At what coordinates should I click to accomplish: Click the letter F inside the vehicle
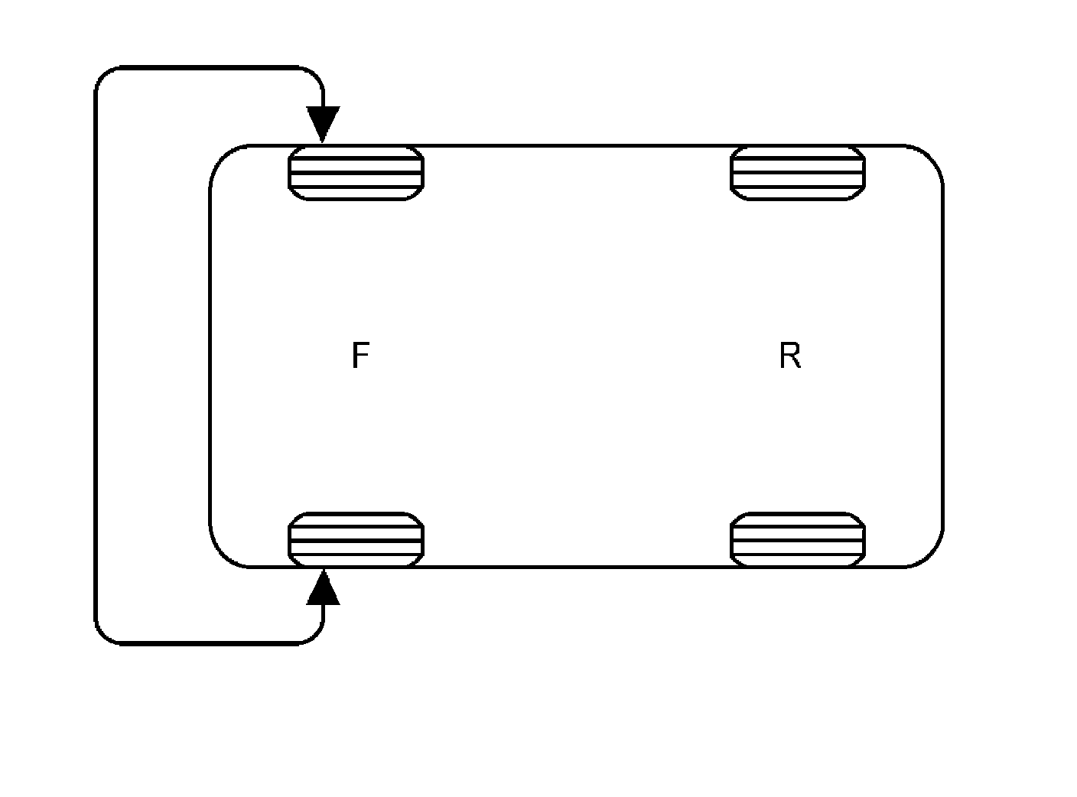360,356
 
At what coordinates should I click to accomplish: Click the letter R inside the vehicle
789,356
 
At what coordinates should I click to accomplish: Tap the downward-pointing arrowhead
323,123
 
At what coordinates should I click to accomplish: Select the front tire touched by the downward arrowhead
356,173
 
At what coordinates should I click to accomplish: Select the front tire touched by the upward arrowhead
356,540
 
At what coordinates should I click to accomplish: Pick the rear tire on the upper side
798,173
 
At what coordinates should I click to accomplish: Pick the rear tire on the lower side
798,540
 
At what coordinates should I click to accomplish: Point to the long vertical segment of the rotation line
96,356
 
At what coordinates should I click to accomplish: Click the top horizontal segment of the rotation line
207,68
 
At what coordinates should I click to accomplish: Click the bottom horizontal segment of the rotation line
207,644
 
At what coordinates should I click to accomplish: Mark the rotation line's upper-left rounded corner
103,76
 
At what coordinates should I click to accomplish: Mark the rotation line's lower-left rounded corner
103,636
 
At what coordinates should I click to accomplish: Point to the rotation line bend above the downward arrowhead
316,75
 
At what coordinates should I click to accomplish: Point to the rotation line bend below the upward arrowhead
316,637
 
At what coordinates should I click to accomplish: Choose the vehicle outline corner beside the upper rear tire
931,157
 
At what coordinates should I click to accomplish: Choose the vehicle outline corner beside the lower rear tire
931,555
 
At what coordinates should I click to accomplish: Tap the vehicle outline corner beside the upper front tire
222,157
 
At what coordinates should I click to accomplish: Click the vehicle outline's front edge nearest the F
210,356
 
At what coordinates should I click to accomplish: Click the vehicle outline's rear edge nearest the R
942,356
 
